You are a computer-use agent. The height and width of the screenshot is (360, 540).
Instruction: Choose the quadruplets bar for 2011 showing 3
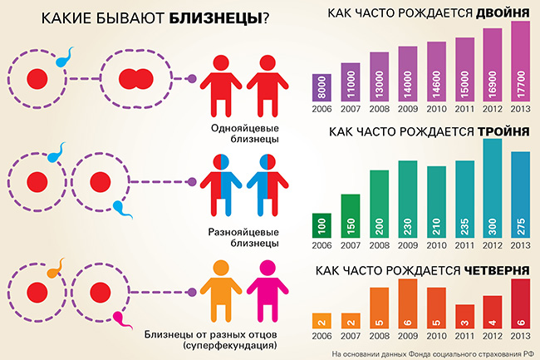pyautogui.click(x=464, y=317)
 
